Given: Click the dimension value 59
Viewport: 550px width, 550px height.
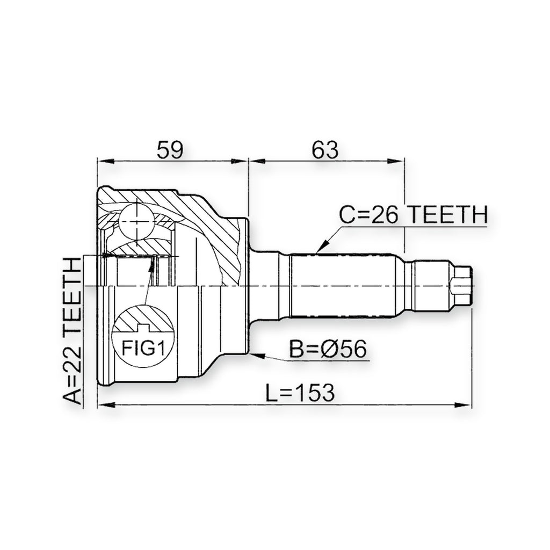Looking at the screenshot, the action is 170,150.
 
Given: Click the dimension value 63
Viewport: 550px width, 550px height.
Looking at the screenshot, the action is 325,150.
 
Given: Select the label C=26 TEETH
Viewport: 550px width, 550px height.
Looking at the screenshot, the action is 414,215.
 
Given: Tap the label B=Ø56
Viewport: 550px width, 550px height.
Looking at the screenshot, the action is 328,349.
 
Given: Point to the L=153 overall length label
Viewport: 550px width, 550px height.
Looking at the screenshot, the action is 300,393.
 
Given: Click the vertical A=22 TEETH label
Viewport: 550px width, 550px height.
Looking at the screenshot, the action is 72,331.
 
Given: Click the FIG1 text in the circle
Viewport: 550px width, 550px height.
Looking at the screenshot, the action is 143,348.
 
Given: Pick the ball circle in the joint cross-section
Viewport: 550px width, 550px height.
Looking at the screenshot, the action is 136,221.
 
